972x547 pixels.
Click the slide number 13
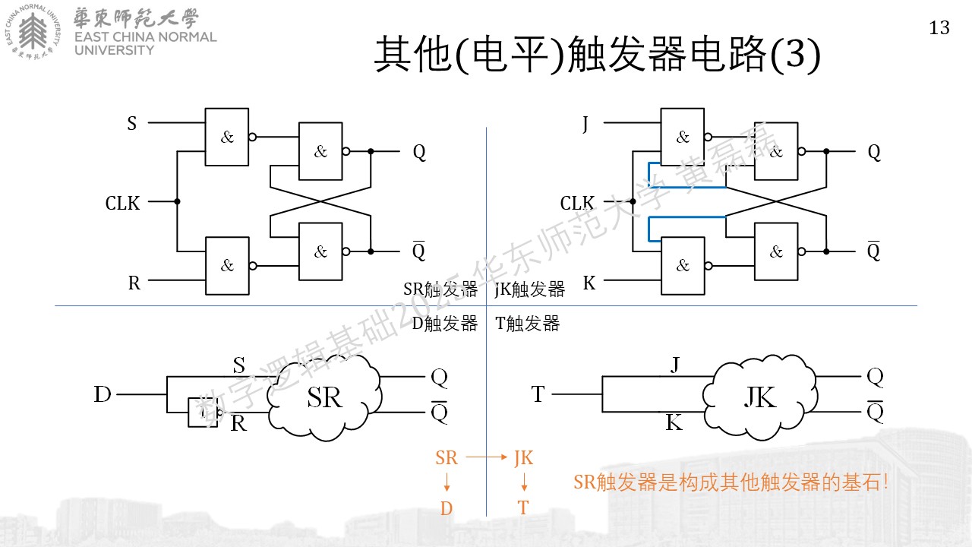point(939,28)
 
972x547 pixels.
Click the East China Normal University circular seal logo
point(33,32)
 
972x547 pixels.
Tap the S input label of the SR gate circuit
point(132,123)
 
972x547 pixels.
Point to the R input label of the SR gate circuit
point(134,283)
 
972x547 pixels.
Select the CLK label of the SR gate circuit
point(122,203)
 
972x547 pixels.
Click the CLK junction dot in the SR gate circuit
point(177,201)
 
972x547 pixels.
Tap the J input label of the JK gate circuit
point(585,124)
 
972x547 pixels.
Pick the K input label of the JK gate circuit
point(589,283)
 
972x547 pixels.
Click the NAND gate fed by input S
point(227,137)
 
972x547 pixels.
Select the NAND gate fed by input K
point(683,266)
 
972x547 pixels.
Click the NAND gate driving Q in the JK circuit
point(776,151)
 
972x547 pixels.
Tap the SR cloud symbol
point(324,397)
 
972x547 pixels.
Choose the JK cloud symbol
point(760,397)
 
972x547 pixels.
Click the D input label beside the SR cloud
point(103,394)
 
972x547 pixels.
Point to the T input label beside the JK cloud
point(538,394)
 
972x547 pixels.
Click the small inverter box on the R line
point(203,412)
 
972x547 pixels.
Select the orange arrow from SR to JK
point(486,457)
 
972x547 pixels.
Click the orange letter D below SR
point(447,508)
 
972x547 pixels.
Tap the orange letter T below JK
point(523,507)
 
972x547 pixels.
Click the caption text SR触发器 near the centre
point(440,289)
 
